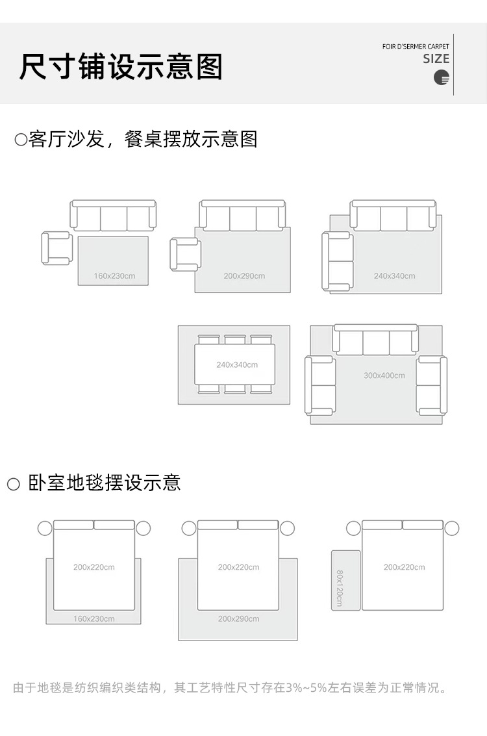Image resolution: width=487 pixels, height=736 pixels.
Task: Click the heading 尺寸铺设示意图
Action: [x=121, y=67]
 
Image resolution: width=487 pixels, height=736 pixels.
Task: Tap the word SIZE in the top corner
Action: [x=436, y=59]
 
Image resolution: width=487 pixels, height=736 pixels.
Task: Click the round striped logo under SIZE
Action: [x=442, y=78]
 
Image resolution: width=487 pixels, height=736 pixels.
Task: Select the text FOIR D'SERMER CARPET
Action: [x=416, y=47]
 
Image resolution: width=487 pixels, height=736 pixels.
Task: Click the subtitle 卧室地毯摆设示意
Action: [x=104, y=483]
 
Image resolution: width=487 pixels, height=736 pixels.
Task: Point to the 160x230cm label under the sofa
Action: [x=114, y=276]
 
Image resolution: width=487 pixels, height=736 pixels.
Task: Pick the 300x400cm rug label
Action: [x=384, y=375]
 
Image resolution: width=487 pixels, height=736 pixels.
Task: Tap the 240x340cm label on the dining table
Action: [x=237, y=364]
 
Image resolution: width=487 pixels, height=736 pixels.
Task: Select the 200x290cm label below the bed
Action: [x=238, y=619]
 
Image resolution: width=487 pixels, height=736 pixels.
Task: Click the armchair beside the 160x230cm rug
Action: [x=56, y=248]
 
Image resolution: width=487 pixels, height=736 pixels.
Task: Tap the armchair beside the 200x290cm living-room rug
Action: [x=184, y=254]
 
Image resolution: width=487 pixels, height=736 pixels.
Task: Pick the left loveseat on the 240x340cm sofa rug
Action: [x=338, y=261]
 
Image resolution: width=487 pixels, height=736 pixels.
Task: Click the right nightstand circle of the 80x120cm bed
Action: [x=452, y=528]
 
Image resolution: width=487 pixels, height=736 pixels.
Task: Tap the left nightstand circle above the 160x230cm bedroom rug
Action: [x=45, y=528]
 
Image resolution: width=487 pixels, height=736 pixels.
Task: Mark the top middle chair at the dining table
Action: [x=235, y=340]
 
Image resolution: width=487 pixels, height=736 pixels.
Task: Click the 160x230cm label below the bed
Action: [x=94, y=619]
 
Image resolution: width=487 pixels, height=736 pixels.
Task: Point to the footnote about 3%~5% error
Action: [x=231, y=687]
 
